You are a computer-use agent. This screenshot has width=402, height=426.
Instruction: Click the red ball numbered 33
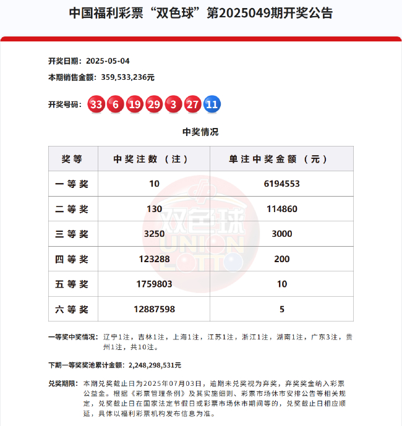point(96,104)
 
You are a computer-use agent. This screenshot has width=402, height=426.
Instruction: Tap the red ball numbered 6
point(115,104)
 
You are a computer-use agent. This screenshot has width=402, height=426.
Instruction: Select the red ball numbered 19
point(134,104)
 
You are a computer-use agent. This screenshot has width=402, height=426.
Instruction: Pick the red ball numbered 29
point(154,104)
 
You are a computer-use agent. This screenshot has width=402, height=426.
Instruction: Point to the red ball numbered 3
point(173,104)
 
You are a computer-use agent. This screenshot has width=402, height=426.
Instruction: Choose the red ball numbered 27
point(192,104)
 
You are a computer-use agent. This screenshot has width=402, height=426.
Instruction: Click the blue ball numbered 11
point(212,104)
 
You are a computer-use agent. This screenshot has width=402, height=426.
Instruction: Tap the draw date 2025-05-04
point(108,61)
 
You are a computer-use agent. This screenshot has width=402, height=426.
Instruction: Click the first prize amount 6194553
point(281,184)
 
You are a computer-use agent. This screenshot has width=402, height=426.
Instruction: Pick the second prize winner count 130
point(154,209)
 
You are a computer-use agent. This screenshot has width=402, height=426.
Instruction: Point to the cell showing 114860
point(281,209)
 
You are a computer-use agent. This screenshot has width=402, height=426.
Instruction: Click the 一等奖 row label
point(72,184)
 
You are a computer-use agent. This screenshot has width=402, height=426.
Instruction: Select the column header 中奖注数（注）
point(154,159)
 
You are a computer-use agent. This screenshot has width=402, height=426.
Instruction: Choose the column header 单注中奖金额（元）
point(281,159)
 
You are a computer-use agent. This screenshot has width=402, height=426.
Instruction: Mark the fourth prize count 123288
point(154,259)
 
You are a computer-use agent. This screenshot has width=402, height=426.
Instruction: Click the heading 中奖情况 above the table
point(200,132)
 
